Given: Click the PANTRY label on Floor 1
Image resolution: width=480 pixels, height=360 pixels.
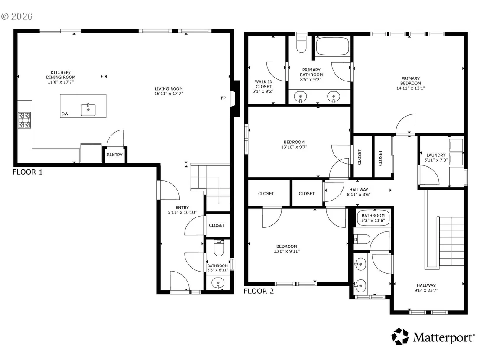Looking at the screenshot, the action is pos(114,155).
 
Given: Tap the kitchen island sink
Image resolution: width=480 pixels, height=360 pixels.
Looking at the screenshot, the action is pos(88,110).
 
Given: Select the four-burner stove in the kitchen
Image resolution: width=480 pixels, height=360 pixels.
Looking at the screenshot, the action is pos(24,120).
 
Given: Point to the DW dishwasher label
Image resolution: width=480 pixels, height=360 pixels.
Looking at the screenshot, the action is pos(65,114).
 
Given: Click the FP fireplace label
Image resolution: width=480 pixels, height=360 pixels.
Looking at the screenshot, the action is pos(223,98).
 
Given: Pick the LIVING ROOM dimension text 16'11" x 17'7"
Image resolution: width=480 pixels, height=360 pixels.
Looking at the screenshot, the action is pos(169,94).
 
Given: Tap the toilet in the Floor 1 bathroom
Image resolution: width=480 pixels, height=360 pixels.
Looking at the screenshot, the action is pos(219,248).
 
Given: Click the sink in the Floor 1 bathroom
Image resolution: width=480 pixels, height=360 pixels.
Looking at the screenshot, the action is pos(218,282).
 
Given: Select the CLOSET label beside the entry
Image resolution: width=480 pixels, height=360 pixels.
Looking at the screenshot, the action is pos(217,225).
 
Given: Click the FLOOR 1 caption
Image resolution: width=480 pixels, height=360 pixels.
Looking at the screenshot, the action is pos(28,172).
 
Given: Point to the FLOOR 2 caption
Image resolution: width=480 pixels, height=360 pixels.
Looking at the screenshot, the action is pos(259,291).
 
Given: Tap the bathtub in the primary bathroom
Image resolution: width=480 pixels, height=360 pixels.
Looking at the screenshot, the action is pos(332,46).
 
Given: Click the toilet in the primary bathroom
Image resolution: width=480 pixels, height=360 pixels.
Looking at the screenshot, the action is pos(302,44).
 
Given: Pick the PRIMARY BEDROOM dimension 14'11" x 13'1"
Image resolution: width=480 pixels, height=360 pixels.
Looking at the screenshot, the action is pos(411,88).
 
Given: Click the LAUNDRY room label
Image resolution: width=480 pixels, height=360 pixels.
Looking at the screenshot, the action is pos(436,155).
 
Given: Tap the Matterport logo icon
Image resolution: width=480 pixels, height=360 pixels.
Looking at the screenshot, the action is pos(400,337).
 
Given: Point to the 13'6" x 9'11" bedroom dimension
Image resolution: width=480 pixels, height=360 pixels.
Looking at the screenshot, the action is pos(287,251).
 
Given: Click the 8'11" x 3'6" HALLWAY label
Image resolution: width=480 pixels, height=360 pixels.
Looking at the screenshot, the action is pos(359,192).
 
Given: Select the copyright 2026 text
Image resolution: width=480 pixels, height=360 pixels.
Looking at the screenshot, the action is pos(17,16).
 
